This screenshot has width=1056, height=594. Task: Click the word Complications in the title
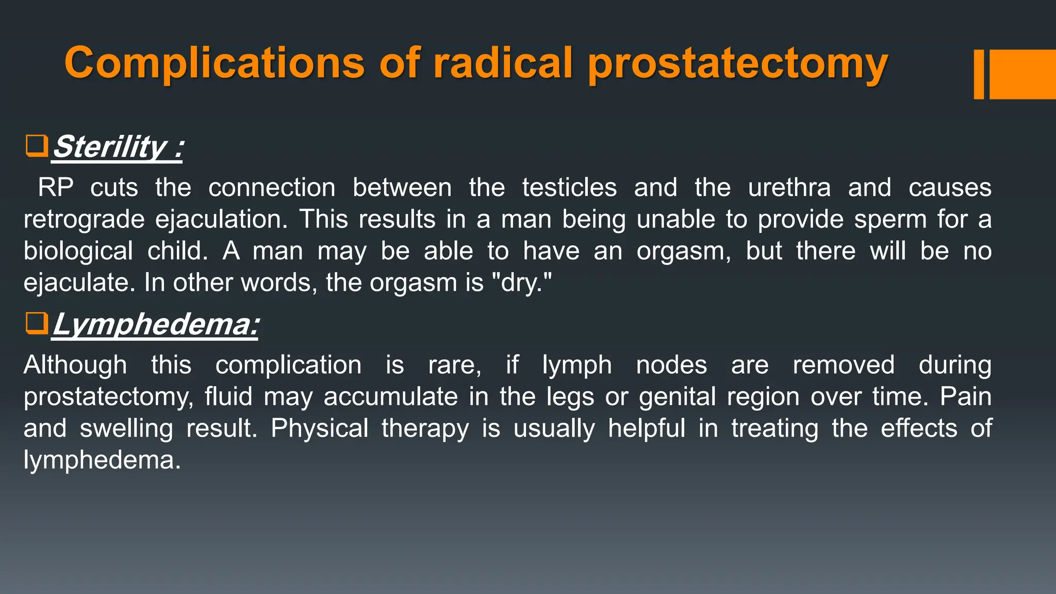point(214,63)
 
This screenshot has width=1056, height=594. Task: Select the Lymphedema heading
point(155,324)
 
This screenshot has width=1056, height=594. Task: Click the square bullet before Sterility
point(37,146)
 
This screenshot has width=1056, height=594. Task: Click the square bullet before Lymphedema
point(37,323)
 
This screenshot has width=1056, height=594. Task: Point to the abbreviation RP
point(56,187)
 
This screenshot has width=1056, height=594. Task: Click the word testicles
point(569,187)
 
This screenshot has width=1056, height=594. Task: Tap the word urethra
point(789,187)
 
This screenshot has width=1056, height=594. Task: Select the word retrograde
point(84,220)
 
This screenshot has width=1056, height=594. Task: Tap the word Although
point(75,365)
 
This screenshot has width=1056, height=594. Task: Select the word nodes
point(671,365)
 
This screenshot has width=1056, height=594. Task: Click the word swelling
point(126,428)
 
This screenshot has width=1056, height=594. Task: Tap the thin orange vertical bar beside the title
point(979,74)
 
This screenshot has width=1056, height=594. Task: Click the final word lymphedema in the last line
point(102,460)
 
